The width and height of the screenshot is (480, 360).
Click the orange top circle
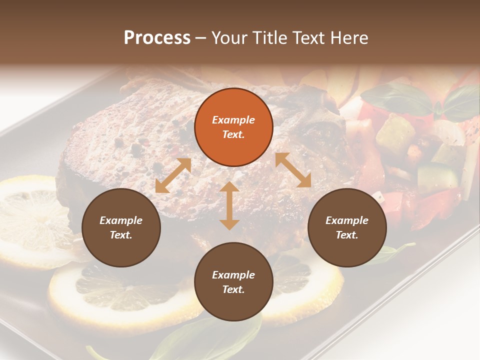(233, 127)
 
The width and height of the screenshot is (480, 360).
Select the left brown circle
(121, 227)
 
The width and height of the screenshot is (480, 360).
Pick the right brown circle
(347, 227)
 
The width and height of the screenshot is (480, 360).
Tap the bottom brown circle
(233, 282)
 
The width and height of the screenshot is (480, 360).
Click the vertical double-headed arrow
(229, 205)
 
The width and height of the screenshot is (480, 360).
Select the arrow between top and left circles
(173, 175)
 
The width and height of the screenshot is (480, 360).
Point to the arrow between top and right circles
(293, 170)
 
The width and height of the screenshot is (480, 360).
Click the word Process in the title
(157, 38)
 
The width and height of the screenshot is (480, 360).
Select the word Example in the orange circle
(233, 120)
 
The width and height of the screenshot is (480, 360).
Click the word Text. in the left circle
(121, 235)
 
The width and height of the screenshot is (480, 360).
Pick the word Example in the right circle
(347, 220)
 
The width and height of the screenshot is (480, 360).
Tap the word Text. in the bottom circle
(233, 289)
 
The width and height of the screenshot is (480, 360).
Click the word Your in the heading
(229, 38)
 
